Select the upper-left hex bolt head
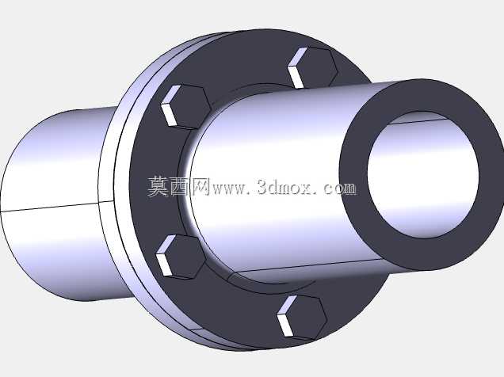[185, 107]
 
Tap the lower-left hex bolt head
[181, 257]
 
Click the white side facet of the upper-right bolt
[296, 69]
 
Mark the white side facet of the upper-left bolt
[170, 107]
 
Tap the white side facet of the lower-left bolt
[165, 257]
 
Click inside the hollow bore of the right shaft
[423, 175]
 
